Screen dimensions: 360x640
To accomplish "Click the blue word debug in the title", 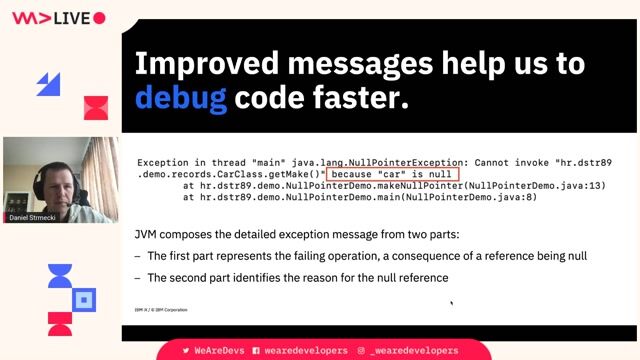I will click(x=180, y=97).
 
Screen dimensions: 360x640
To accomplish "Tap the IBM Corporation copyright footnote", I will click(x=162, y=310).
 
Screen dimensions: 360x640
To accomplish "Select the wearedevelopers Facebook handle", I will click(x=299, y=350).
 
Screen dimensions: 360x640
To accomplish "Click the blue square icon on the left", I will click(x=85, y=298).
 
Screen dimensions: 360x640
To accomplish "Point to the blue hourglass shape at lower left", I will click(x=60, y=276).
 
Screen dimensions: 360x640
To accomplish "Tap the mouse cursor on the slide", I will click(x=452, y=304).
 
